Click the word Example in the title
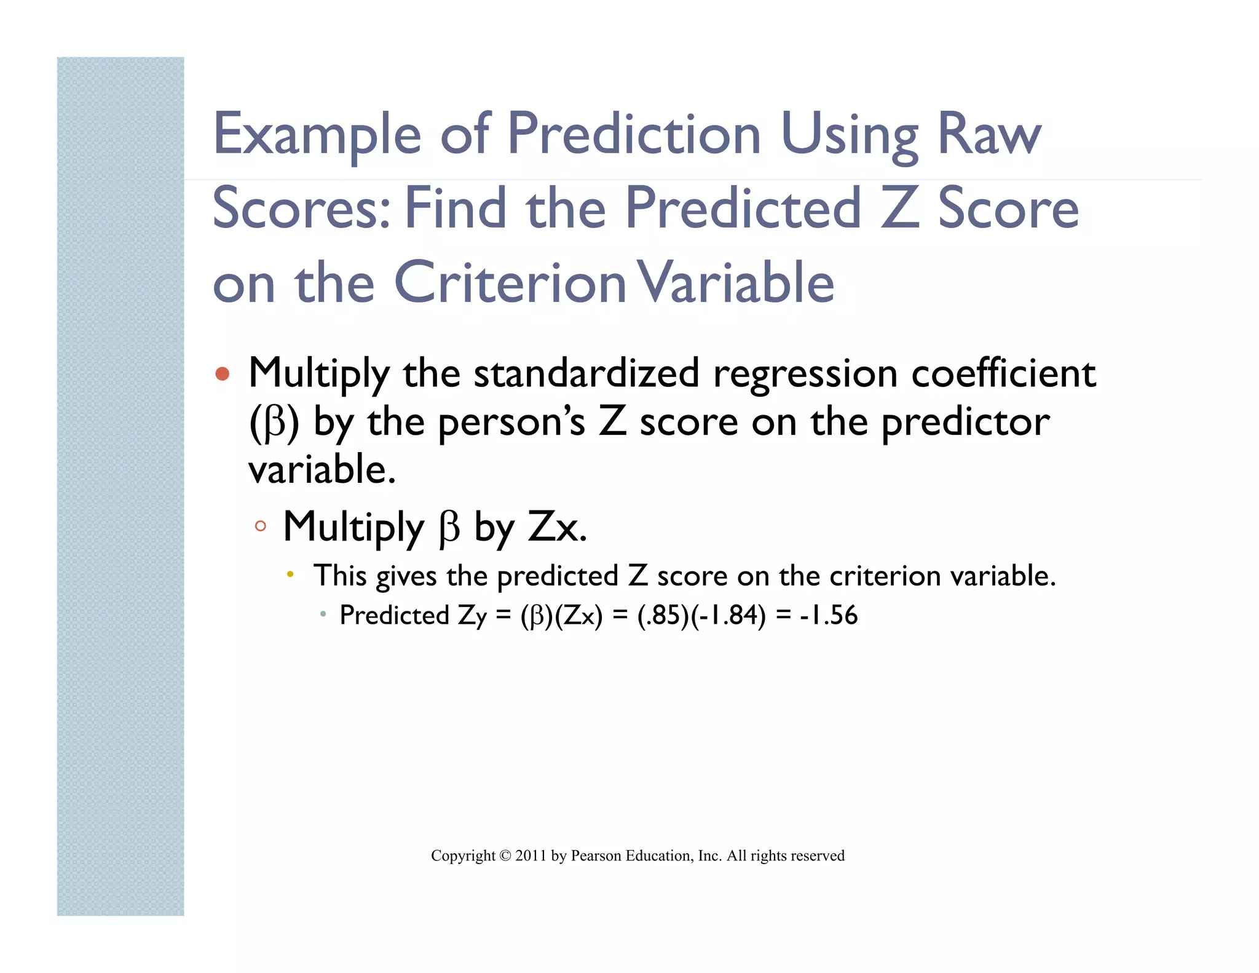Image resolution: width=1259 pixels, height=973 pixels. (x=317, y=135)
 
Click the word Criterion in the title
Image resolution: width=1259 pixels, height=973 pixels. (x=510, y=282)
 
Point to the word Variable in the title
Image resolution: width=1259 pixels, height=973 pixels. (x=735, y=282)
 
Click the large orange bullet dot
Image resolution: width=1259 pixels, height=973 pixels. (x=223, y=374)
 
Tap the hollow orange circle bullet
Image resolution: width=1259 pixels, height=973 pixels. (x=261, y=526)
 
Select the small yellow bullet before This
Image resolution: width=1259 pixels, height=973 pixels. (x=290, y=575)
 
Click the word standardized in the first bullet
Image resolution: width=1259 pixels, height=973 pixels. (x=586, y=373)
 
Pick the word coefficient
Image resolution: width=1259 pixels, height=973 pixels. (x=1003, y=373)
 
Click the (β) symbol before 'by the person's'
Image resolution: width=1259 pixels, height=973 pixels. (x=274, y=423)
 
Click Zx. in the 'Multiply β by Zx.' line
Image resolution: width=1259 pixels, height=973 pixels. (x=558, y=527)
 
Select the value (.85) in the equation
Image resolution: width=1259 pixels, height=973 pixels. (x=663, y=616)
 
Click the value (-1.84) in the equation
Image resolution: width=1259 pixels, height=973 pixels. (x=728, y=616)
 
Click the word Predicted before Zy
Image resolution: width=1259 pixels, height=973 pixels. (x=395, y=616)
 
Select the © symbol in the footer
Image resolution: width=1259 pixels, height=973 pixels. (x=505, y=856)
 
